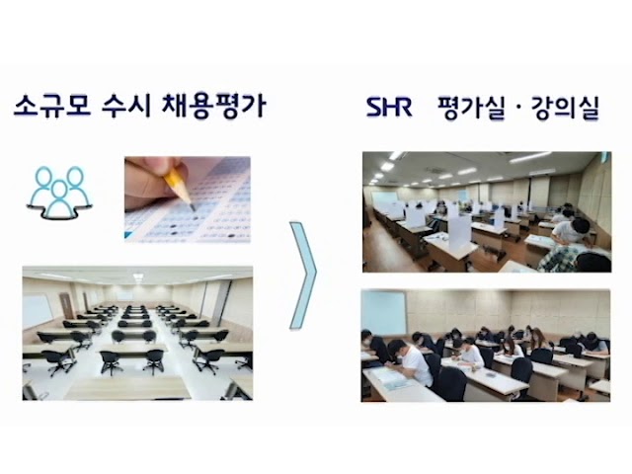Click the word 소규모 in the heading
click(x=52, y=106)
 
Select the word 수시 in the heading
click(x=126, y=106)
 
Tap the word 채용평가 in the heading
click(x=213, y=106)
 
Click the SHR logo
click(x=389, y=107)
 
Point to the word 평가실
click(x=471, y=108)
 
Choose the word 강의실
click(x=565, y=108)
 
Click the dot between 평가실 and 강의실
click(x=517, y=108)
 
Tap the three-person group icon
click(x=59, y=193)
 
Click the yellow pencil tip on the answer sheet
click(x=192, y=206)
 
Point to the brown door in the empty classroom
click(x=65, y=305)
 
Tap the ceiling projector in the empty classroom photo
click(x=138, y=276)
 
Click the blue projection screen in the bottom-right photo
click(x=384, y=313)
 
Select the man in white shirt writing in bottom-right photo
click(x=407, y=362)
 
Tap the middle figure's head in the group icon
click(x=59, y=190)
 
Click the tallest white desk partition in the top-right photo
click(x=459, y=231)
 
